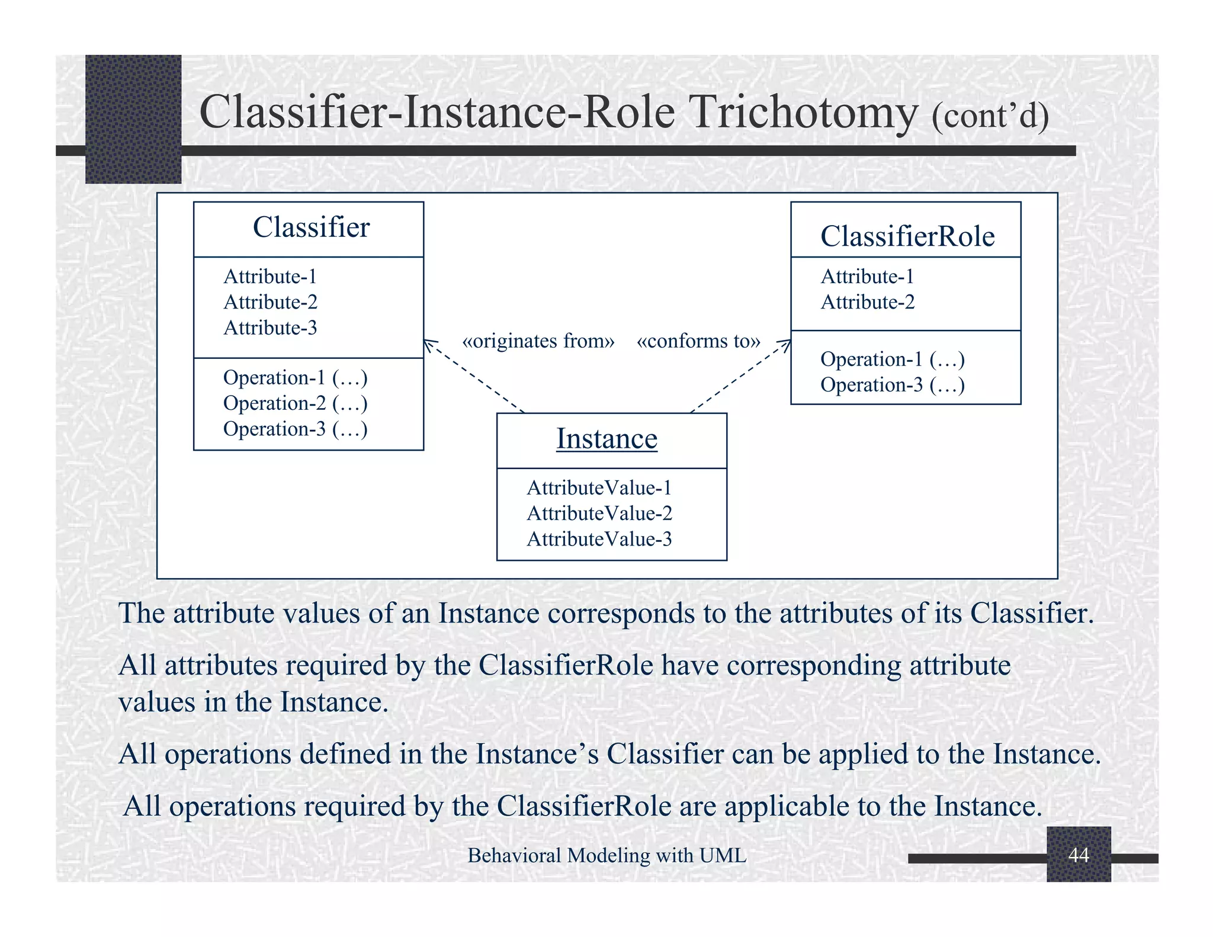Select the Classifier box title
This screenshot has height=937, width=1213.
point(311,227)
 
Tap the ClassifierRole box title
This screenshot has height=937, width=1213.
point(907,236)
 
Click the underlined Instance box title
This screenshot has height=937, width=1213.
point(606,439)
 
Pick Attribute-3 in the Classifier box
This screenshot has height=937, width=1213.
point(270,328)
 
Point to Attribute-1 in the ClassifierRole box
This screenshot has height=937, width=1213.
point(867,277)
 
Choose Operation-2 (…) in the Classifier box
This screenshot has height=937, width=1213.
point(295,403)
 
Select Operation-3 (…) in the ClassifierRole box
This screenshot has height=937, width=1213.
point(892,385)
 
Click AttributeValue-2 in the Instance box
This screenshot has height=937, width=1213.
point(599,514)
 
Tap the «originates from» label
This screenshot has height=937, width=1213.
point(538,341)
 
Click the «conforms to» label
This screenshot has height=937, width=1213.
point(698,341)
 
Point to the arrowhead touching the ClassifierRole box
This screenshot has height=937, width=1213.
point(787,343)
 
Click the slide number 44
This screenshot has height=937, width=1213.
point(1078,855)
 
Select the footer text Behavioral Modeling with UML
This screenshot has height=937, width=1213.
point(606,855)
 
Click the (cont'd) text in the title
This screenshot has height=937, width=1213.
point(990,116)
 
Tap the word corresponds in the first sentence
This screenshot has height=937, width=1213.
point(621,613)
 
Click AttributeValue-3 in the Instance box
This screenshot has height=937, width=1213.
point(599,540)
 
